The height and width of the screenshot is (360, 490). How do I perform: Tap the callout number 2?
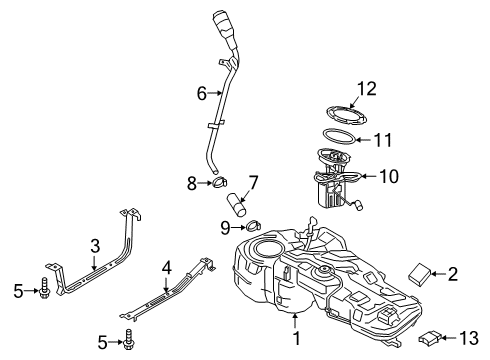coord(452,271)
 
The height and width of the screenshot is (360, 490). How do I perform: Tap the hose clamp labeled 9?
coord(253,225)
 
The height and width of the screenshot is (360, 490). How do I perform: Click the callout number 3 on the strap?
coord(94,245)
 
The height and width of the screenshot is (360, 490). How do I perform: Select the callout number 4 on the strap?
coord(167,268)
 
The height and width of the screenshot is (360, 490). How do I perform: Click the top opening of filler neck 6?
coord(222,15)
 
